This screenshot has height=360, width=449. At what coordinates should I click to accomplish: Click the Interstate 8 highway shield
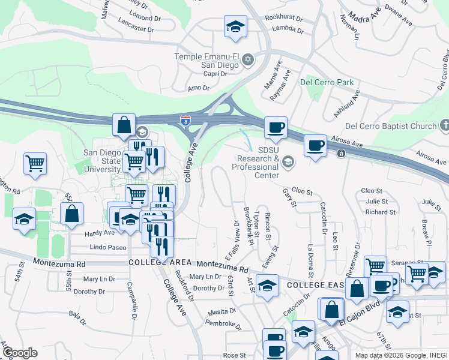[x=185, y=121]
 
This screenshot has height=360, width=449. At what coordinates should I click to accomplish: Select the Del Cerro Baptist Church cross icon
[x=444, y=125]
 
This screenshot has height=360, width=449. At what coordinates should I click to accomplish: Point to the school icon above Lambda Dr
[x=235, y=26]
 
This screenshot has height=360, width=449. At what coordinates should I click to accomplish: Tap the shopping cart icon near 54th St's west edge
[x=35, y=163]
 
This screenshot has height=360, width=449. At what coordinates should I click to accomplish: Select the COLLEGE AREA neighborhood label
[x=160, y=263]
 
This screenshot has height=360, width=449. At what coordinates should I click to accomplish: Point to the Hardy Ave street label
[x=82, y=233]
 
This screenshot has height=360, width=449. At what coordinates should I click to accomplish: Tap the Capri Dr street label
[x=214, y=74]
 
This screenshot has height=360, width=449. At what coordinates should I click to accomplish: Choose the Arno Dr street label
[x=198, y=88]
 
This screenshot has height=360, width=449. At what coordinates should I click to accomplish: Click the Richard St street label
[x=380, y=212]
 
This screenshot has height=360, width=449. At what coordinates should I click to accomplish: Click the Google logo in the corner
[x=20, y=353]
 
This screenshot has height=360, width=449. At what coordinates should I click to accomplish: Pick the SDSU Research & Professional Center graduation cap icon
[x=288, y=161]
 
